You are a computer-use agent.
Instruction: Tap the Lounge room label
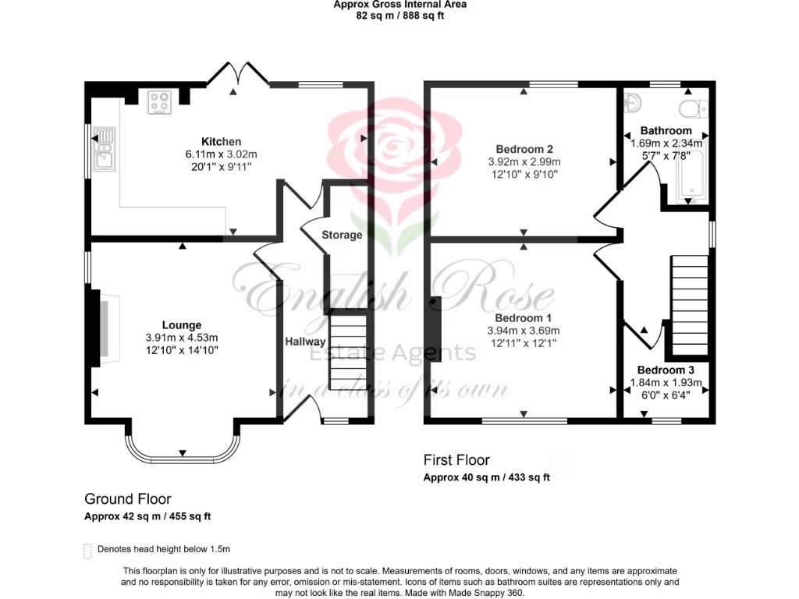[x=182, y=324]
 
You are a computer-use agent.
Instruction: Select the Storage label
[x=342, y=235]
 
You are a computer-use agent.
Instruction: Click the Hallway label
[x=305, y=342]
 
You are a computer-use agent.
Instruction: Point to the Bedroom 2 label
[x=524, y=149]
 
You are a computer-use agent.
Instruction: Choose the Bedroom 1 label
[x=523, y=318]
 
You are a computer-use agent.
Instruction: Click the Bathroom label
[x=666, y=130]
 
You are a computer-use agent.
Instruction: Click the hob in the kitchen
[x=160, y=102]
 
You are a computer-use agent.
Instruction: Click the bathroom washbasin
[x=633, y=102]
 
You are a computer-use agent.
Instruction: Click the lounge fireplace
[x=104, y=328]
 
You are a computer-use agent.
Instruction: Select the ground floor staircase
[x=346, y=352]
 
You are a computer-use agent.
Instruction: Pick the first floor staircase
[x=689, y=306]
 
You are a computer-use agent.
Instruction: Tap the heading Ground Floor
[x=127, y=499]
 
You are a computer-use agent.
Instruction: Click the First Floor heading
[x=456, y=460]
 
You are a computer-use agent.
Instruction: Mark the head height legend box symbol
[x=87, y=549]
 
